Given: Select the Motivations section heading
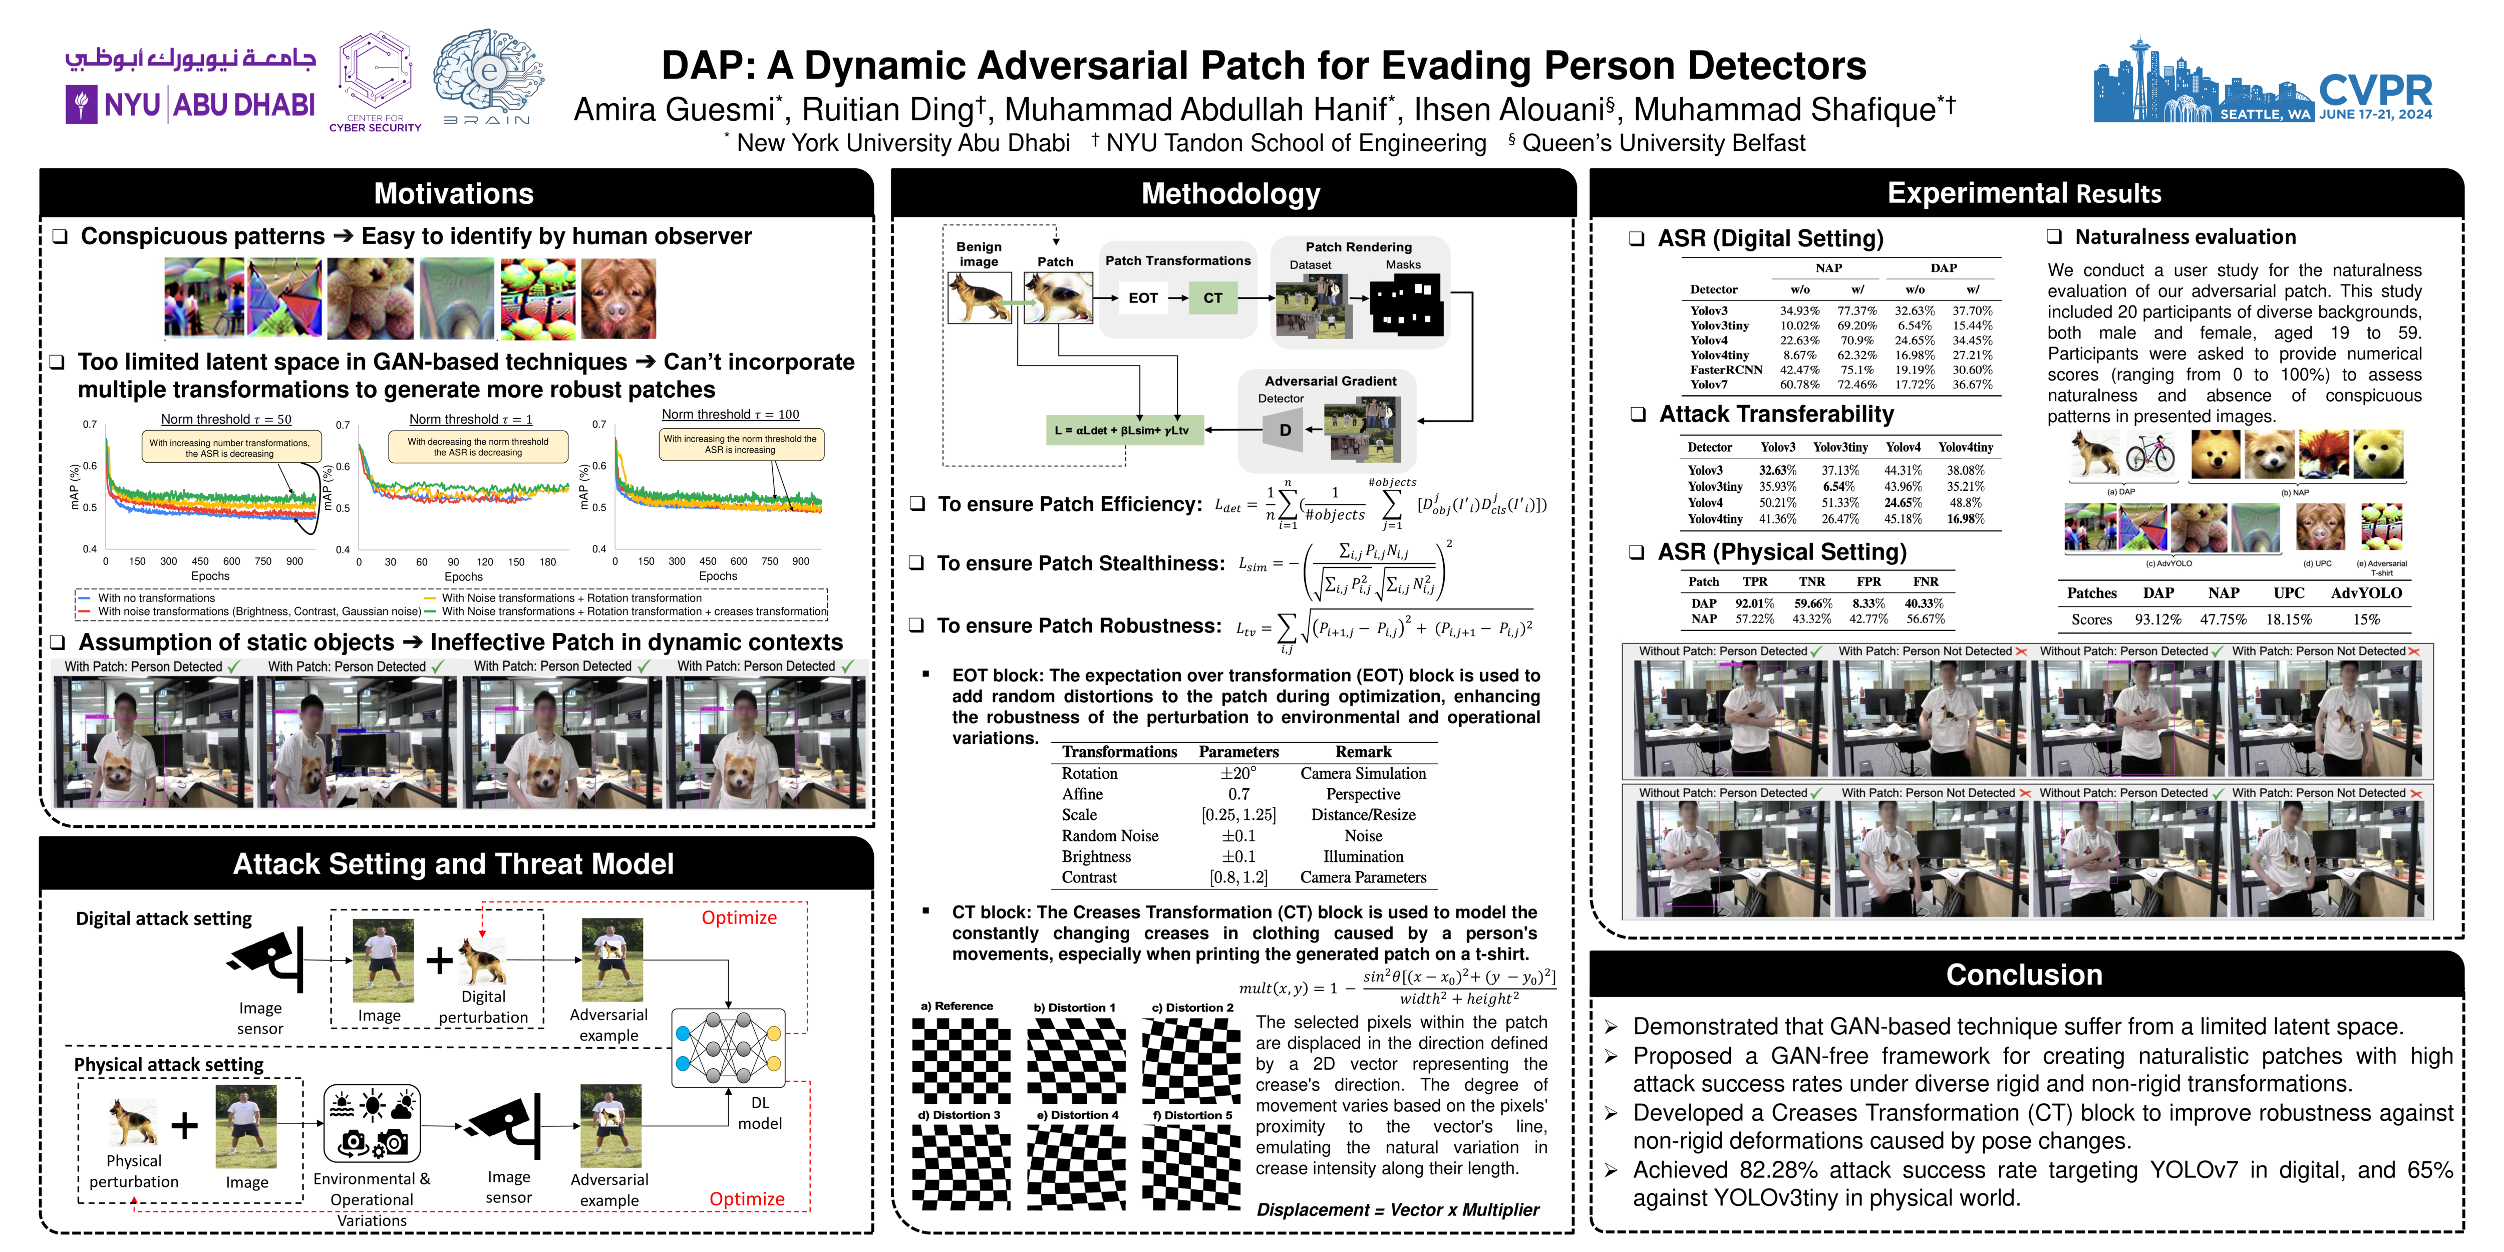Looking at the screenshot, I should [454, 193].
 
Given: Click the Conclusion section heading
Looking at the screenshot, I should [2024, 975].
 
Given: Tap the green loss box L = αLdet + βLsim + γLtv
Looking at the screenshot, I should [1124, 430].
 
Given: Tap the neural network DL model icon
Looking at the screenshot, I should [728, 1048].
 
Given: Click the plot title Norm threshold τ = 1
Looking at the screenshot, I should [470, 419].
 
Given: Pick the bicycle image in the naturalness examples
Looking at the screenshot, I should [2150, 454].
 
